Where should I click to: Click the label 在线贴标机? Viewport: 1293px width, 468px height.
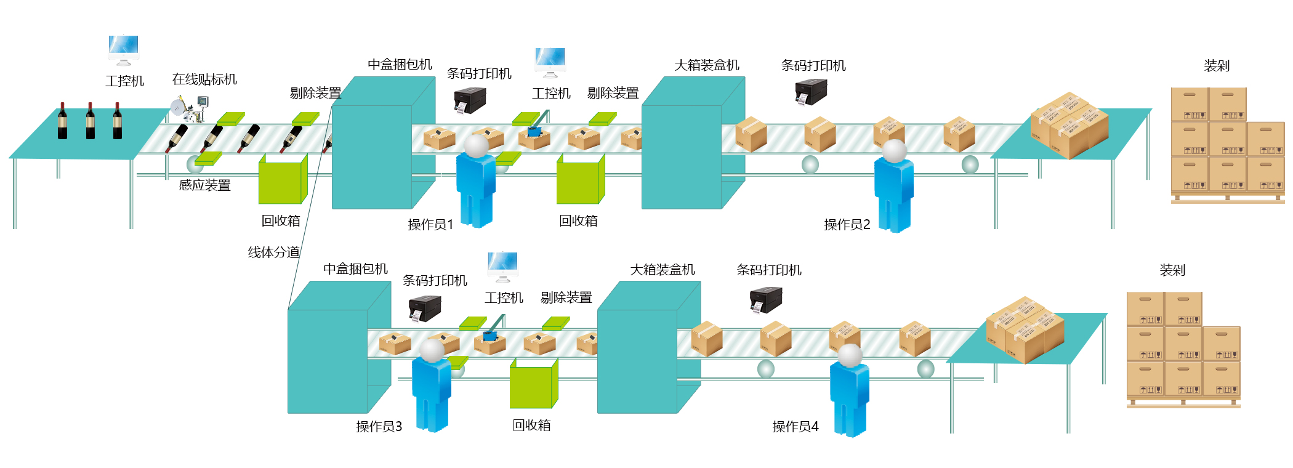coord(204,79)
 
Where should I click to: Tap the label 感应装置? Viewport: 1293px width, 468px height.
coord(204,185)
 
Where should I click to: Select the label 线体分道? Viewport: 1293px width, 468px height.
coord(273,252)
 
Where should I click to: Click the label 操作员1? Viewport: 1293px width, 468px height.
coord(430,225)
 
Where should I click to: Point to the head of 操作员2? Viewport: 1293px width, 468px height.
coord(894,150)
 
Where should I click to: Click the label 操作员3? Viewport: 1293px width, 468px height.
coord(379,427)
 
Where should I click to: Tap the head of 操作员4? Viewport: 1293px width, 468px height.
coord(850,355)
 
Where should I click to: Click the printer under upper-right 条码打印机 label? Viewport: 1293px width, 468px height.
coord(811,92)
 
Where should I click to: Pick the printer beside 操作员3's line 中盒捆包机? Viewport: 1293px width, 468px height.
coord(425,308)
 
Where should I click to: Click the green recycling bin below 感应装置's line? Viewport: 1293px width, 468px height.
coord(282,180)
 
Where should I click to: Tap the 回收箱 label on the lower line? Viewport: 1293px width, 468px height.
coord(531,426)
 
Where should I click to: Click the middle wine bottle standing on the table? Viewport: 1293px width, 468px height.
coord(91,121)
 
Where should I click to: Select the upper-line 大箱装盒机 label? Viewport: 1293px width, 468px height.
coord(706,65)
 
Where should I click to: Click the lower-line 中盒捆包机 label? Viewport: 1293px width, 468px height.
coord(355,269)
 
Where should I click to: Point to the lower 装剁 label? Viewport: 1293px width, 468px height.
coord(1172,270)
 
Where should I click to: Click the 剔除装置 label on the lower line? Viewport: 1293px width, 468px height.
coord(566,298)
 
